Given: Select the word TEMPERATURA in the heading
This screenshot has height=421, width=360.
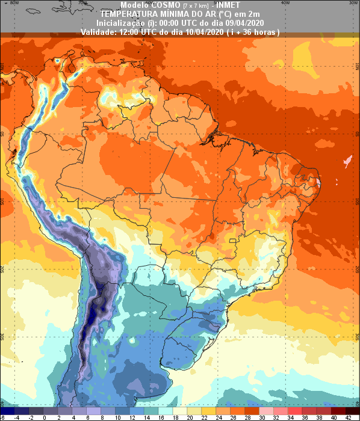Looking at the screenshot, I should [x=128, y=13].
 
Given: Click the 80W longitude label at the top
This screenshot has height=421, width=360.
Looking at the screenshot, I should [x=14, y=2].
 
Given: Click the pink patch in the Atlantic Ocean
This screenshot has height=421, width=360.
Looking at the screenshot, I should [x=347, y=161].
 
